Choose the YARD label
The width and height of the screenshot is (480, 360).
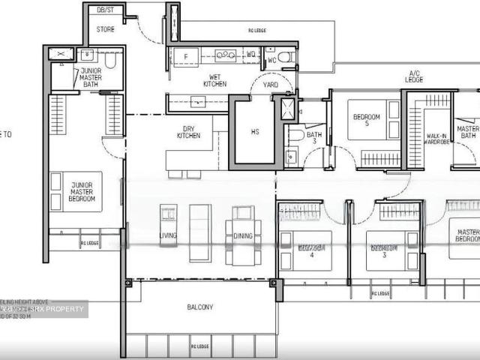tap(270, 85)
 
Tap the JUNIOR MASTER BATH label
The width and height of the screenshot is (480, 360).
tap(91, 76)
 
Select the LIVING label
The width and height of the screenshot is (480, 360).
tap(168, 236)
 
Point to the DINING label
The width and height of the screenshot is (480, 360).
tap(243, 236)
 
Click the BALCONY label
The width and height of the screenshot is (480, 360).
tap(200, 307)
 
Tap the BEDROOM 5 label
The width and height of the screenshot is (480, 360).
tap(367, 120)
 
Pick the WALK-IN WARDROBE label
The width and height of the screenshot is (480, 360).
tap(436, 139)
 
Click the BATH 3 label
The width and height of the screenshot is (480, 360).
tap(313, 137)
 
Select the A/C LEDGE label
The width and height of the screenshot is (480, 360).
tap(414, 75)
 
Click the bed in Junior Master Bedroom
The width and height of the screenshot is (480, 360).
tap(76, 191)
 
